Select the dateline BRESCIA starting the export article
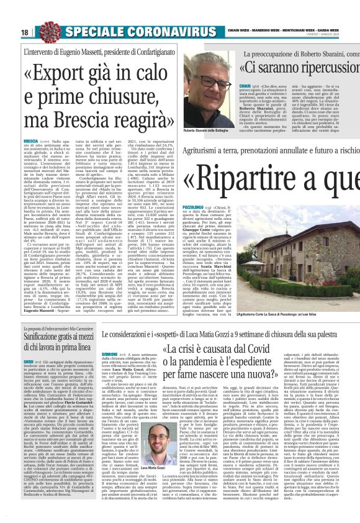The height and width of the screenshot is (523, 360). (32, 142)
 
